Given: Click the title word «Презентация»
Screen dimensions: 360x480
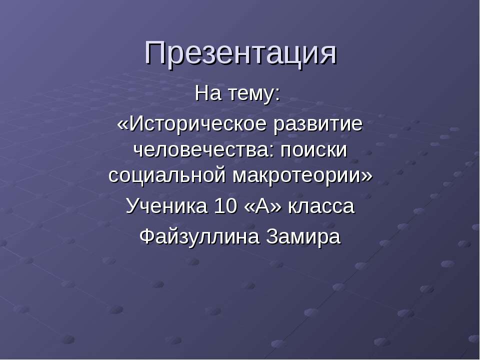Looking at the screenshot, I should [240, 52].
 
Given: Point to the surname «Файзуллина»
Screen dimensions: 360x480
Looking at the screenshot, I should [200, 236].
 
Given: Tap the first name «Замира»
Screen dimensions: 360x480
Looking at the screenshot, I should [304, 236].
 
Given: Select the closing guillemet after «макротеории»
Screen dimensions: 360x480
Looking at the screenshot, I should [367, 175].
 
